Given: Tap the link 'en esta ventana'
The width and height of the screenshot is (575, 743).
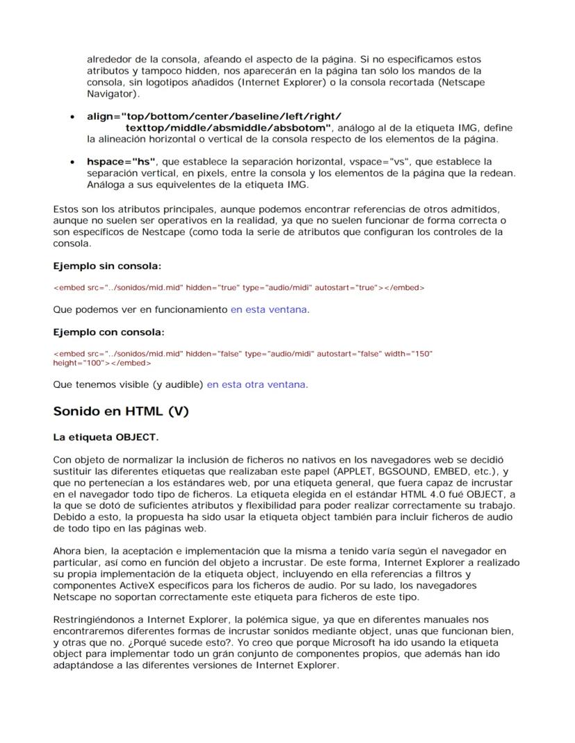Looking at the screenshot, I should tap(269, 309).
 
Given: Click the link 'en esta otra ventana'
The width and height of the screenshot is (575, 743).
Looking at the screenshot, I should tap(256, 384).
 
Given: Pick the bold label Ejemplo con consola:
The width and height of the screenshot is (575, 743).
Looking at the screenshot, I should tap(108, 332).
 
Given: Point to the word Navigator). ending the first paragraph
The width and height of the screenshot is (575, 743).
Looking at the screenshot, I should tap(112, 94).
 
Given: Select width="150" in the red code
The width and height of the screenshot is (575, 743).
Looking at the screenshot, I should tap(412, 354).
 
